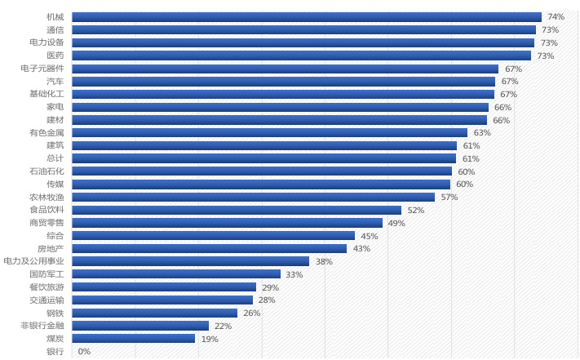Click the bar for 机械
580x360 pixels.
306,16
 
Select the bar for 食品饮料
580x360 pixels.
237,210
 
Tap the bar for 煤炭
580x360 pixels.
133,338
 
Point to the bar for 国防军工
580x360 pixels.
176,274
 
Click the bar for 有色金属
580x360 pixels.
269,132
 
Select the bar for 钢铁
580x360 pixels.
154,313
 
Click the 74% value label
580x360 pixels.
556,16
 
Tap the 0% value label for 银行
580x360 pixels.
84,351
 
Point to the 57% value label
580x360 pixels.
449,197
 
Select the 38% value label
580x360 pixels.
324,261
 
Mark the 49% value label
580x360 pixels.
396,223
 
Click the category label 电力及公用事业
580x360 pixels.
33,261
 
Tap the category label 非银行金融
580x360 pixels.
42,326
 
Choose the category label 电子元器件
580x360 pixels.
42,68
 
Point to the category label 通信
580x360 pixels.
55,29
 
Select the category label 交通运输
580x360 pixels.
46,300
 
